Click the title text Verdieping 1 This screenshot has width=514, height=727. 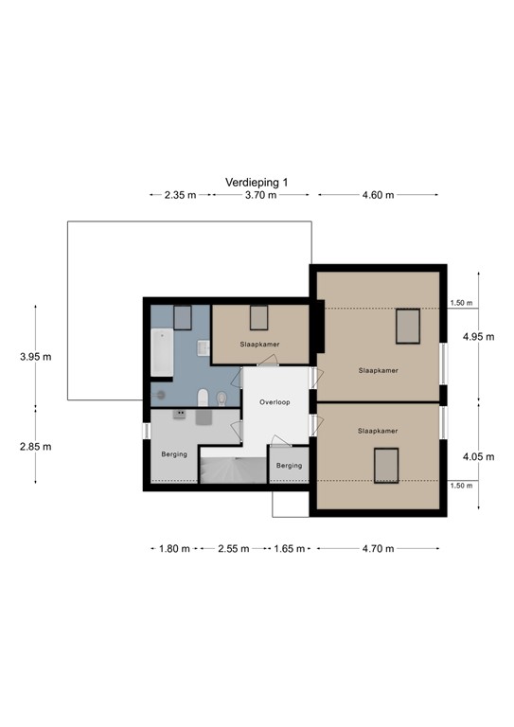tap(256, 181)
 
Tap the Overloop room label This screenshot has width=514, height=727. tap(275, 401)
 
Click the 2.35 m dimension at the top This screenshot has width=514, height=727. tap(180, 195)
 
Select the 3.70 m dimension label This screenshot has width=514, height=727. tap(260, 195)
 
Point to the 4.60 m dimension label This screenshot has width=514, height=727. tap(378, 195)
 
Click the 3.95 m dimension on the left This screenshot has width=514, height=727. tap(35, 357)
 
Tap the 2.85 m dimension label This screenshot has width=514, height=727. tap(35, 446)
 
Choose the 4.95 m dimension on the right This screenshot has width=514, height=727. tap(478, 336)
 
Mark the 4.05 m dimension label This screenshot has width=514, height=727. tap(478, 456)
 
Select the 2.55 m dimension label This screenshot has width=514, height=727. tap(233, 548)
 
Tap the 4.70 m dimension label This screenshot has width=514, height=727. tap(378, 548)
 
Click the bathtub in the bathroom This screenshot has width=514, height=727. tap(160, 351)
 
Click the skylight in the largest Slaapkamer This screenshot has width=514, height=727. tap(407, 327)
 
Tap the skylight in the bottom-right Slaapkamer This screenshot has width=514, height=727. tap(385, 466)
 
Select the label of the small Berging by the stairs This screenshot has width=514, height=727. tap(289, 465)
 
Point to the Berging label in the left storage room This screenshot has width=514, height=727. tap(174, 454)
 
